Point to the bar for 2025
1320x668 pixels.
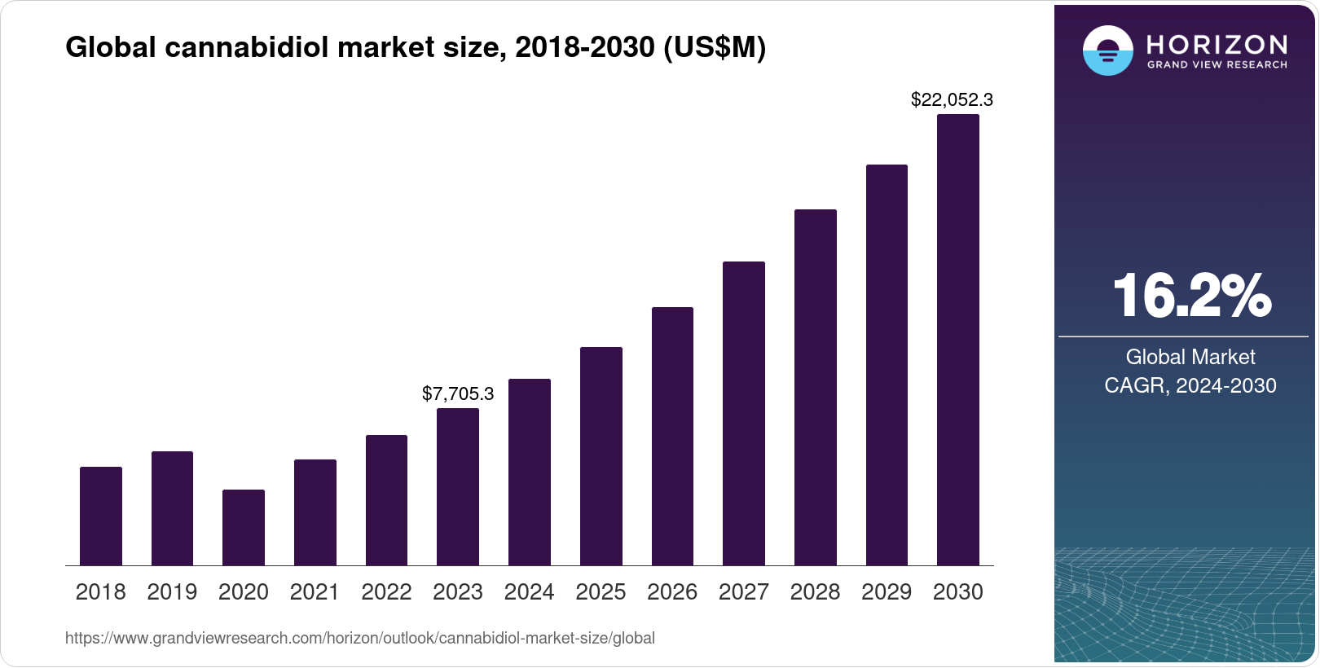(601, 456)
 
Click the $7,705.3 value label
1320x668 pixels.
(458, 394)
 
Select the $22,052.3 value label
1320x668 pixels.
(952, 100)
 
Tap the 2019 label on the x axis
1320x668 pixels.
(172, 592)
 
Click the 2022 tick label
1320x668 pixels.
(386, 592)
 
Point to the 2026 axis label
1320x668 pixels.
(672, 592)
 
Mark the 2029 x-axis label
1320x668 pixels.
(887, 592)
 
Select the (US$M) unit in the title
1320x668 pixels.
(715, 48)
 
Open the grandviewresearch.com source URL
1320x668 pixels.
(359, 639)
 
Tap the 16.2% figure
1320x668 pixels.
(1190, 296)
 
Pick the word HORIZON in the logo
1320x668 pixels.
(1217, 44)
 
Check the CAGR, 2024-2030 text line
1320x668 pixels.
(1190, 385)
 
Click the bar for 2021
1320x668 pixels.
(315, 512)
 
